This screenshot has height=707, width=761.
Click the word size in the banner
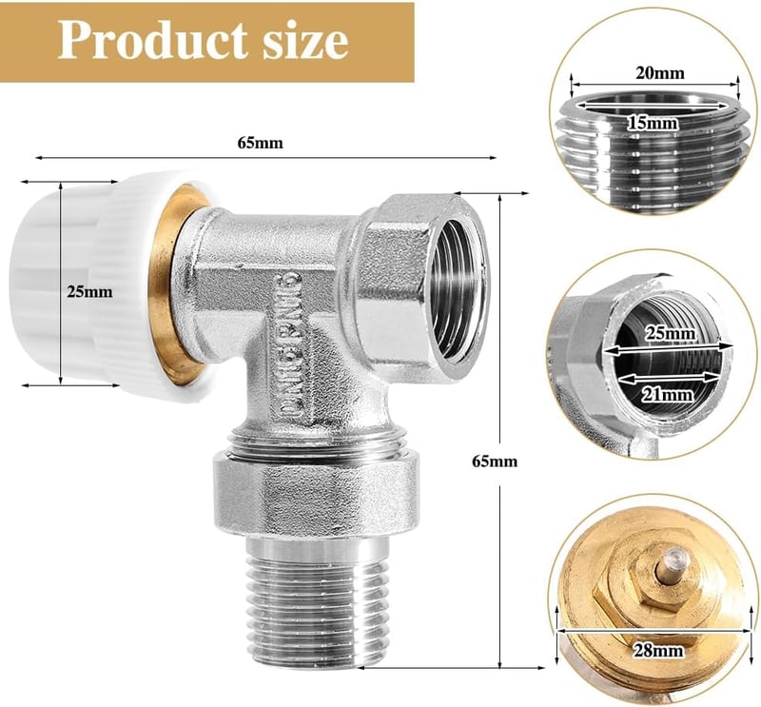(305, 41)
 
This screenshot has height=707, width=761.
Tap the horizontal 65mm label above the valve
(260, 143)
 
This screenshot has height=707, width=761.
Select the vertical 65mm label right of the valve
(495, 461)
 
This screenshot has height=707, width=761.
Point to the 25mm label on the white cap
(89, 292)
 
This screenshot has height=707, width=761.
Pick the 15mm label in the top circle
(653, 124)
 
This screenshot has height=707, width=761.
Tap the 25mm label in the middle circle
(670, 334)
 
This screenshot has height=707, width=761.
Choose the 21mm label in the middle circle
(667, 395)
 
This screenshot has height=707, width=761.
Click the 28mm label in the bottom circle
(658, 650)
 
